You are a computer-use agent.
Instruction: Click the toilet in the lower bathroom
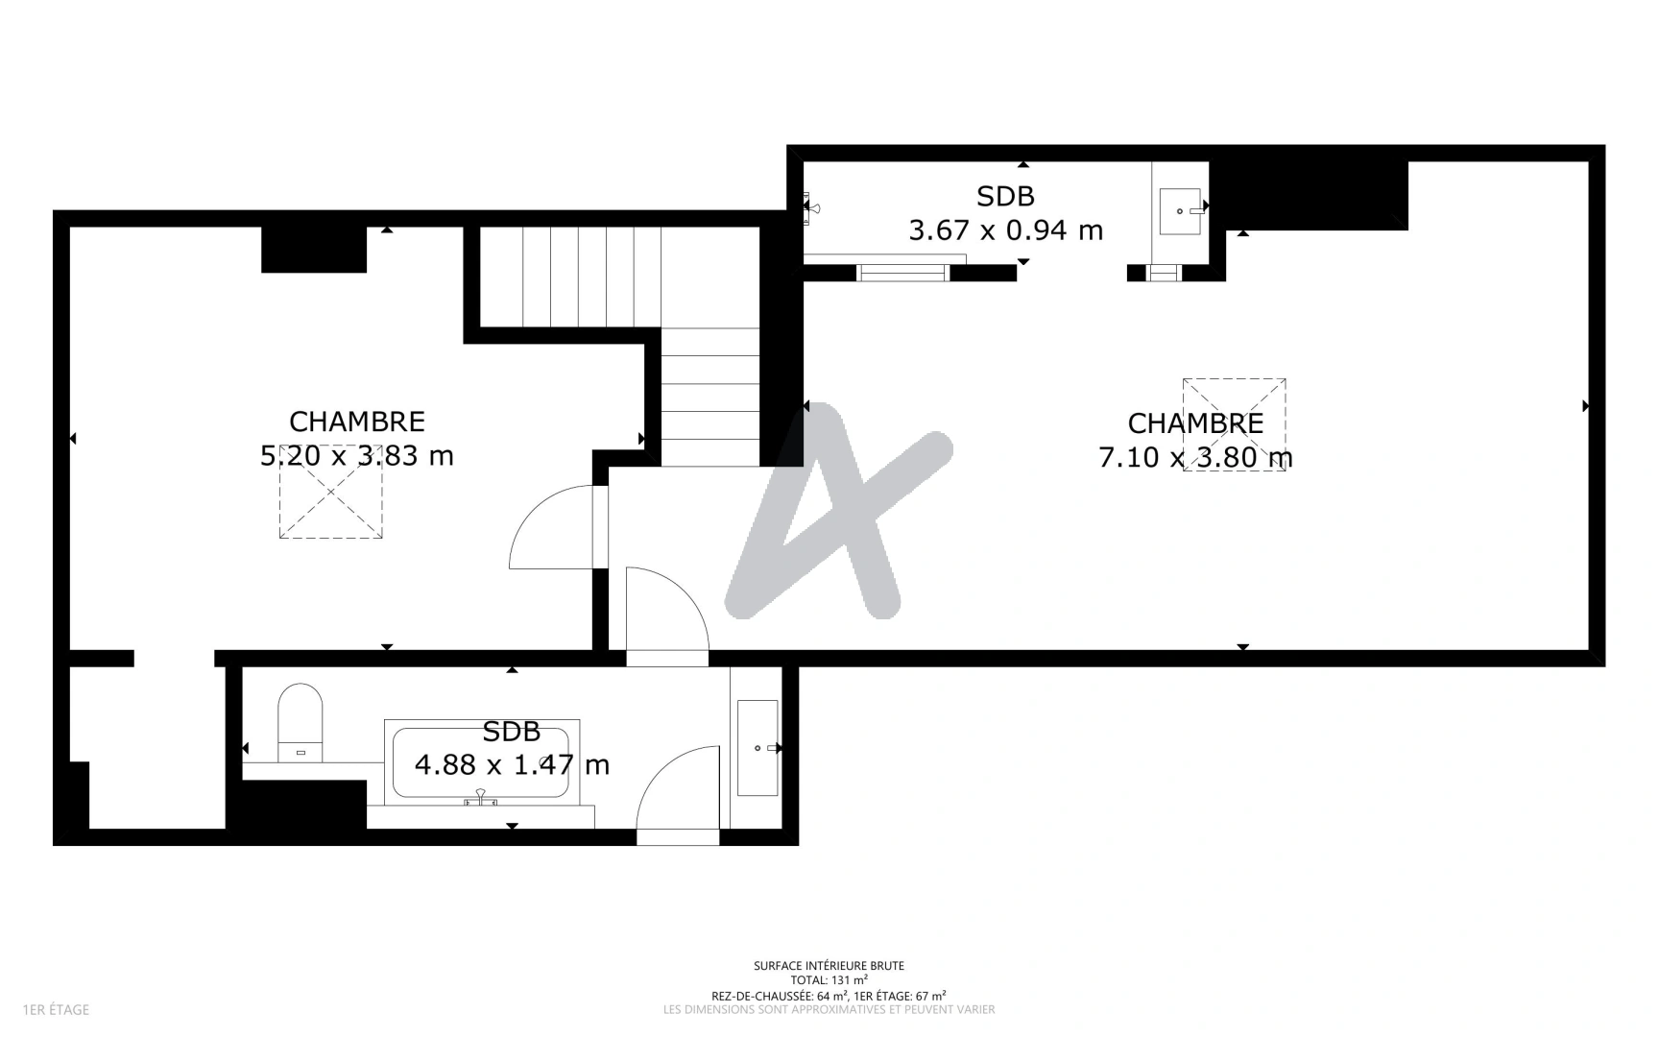point(301,722)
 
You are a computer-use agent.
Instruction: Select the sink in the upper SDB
point(1180,211)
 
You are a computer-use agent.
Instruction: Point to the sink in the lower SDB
point(757,748)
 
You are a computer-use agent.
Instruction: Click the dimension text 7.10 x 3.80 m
point(1195,457)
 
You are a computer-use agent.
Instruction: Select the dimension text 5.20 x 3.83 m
point(357,455)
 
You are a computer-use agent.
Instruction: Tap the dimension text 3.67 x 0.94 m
point(1006,230)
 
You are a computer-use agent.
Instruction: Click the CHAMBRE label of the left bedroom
point(357,422)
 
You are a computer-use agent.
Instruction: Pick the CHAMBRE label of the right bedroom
point(1195,423)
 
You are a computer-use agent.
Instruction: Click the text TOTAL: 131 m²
point(829,980)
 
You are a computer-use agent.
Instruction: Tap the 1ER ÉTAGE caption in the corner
point(56,1009)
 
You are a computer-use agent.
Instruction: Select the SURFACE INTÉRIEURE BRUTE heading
point(829,966)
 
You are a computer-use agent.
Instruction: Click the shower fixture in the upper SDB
point(812,207)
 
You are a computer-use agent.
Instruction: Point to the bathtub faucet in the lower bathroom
point(480,797)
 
